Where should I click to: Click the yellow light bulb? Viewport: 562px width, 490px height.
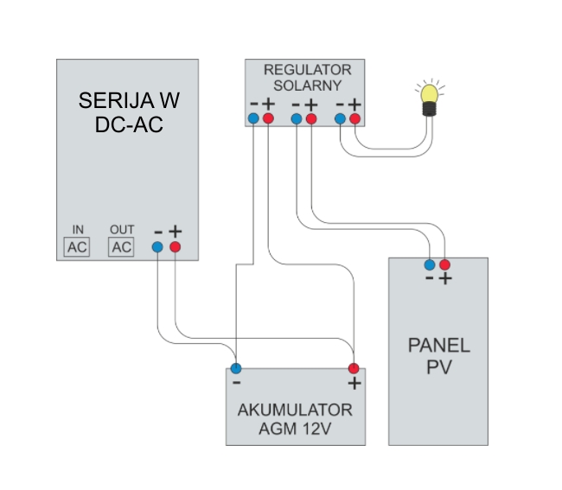tap(430, 100)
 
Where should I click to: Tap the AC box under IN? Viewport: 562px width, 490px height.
tap(77, 247)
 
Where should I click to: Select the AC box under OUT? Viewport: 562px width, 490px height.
tap(121, 247)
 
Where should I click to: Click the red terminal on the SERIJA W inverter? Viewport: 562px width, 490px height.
tap(175, 247)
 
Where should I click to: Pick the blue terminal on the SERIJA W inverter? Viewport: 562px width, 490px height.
tap(157, 247)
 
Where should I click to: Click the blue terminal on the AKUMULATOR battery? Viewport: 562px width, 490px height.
tap(236, 368)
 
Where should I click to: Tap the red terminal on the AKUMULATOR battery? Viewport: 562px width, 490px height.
tap(354, 368)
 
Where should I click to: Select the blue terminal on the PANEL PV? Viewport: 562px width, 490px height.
tap(430, 264)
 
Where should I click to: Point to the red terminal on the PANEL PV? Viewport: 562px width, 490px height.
tap(444, 264)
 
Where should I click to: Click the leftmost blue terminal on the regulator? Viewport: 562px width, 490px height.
tap(253, 118)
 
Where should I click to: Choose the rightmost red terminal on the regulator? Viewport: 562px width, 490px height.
tap(354, 118)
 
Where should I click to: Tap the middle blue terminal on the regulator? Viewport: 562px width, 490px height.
tap(297, 118)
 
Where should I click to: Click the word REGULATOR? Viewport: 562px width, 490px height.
tap(308, 70)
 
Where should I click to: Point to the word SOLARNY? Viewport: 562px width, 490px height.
tap(308, 86)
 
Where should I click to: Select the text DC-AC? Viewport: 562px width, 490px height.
tap(129, 124)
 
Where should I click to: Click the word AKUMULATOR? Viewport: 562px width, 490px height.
tap(295, 410)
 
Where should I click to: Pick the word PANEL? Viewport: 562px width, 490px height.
tap(439, 346)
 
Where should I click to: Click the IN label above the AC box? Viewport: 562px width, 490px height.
tap(78, 230)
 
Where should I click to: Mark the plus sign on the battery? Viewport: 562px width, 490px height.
tap(354, 384)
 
